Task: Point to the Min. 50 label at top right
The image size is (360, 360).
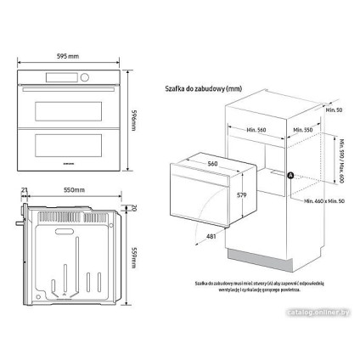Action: point(335,110)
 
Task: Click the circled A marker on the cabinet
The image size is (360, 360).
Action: point(290,176)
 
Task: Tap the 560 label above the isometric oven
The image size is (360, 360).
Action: point(212,164)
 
